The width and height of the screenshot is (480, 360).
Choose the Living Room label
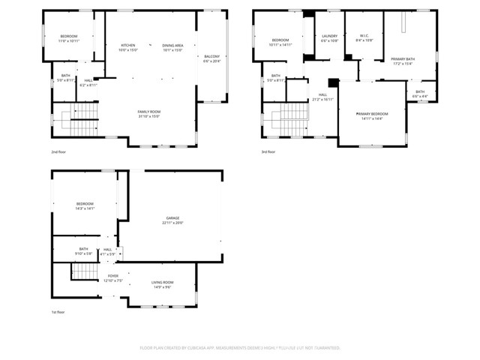163,284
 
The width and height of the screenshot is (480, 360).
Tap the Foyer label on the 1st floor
112,277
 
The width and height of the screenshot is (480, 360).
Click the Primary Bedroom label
372,115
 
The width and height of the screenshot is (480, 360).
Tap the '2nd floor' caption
58,151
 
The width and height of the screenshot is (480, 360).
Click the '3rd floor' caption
268,151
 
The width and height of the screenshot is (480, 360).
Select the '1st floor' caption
58,312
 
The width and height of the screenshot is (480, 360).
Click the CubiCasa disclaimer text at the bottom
240,348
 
